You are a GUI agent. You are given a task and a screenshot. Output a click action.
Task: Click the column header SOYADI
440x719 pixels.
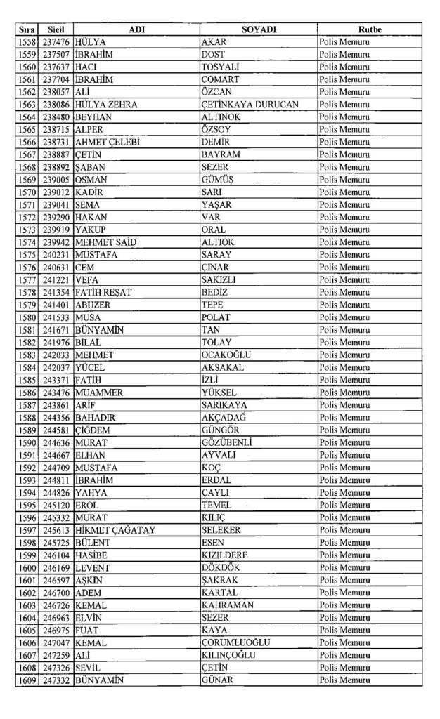(x=259, y=29)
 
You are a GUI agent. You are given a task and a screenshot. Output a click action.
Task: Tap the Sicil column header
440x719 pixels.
(x=56, y=29)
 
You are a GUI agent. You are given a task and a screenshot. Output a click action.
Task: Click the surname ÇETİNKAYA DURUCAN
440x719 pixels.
(x=250, y=105)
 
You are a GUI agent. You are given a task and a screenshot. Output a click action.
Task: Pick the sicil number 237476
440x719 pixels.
(x=56, y=42)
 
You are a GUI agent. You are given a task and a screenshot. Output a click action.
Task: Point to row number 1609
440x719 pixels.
(x=27, y=680)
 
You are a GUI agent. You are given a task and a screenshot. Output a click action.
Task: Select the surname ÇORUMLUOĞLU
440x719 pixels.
(x=235, y=642)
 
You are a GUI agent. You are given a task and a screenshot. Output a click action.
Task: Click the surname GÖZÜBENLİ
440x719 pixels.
(x=226, y=442)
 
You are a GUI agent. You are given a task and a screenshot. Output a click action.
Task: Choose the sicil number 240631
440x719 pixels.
(x=56, y=268)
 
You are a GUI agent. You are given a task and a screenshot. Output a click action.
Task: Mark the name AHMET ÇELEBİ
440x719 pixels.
(x=107, y=142)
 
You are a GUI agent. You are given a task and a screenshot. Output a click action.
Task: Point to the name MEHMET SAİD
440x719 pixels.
(x=105, y=242)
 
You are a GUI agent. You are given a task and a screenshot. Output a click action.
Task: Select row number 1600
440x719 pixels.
(x=27, y=567)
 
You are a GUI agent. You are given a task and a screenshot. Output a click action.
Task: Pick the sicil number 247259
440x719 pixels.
(x=56, y=655)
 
